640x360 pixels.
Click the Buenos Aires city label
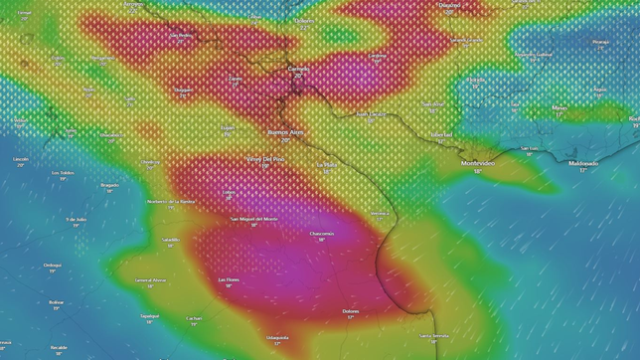coord(286,132)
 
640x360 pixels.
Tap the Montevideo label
coord(478,163)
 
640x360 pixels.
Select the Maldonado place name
coord(583,163)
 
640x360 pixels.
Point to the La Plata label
coord(327,165)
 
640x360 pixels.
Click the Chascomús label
coord(322,234)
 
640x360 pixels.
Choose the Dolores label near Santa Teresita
coord(351,311)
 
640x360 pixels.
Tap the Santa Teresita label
coord(433,335)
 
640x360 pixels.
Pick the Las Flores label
coord(229,279)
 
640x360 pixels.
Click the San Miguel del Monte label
coord(254,219)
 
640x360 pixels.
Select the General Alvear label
coord(151,280)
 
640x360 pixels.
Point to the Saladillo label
coord(171,240)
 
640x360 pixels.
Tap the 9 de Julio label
coord(77,219)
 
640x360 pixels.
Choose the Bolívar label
coord(57,302)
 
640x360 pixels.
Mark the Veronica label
coord(380,213)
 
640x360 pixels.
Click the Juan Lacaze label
coord(371,114)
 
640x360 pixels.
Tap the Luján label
coord(228,127)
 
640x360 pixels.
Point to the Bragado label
coord(109,185)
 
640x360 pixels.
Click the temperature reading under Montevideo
coord(478,171)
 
